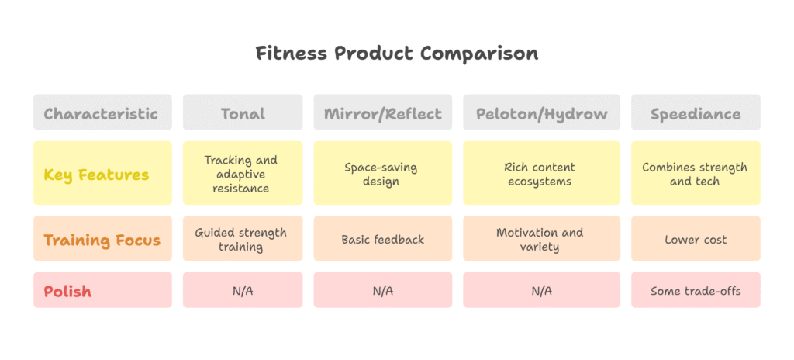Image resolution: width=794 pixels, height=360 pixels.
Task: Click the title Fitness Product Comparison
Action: tap(397, 54)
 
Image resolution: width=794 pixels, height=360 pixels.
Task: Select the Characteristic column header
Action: tap(102, 113)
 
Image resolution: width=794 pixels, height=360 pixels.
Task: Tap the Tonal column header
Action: tap(243, 113)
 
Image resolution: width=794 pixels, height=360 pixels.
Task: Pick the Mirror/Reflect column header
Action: tap(383, 113)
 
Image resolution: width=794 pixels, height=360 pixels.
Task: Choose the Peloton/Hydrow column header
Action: tap(541, 113)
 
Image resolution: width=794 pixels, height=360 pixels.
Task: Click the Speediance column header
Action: tap(695, 113)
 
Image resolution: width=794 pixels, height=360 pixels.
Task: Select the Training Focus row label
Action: tap(102, 240)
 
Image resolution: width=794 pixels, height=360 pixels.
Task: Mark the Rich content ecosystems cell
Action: tap(541, 174)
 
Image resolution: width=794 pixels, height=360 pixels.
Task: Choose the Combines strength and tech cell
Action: tap(695, 174)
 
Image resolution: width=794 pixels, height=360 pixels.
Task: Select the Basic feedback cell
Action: tap(383, 240)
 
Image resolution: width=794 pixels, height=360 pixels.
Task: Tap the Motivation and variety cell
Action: tap(541, 240)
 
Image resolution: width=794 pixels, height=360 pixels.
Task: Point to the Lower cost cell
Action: tap(695, 240)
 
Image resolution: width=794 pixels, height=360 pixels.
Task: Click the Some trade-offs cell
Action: tap(695, 291)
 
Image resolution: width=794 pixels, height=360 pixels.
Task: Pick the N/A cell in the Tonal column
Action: tap(243, 291)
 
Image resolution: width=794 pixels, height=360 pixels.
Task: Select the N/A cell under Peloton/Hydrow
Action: tap(541, 291)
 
